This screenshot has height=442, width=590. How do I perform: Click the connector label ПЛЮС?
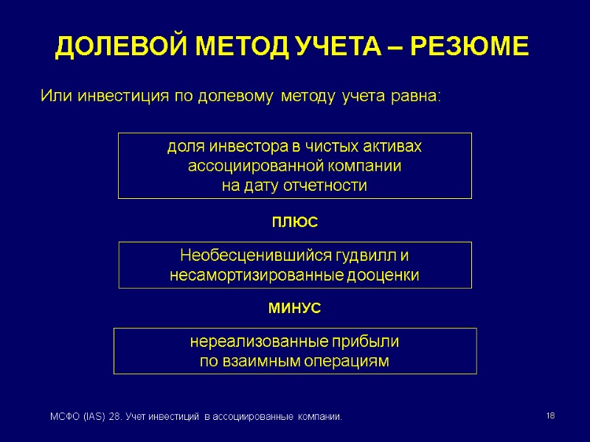[294, 221]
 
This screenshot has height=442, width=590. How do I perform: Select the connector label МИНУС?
[294, 309]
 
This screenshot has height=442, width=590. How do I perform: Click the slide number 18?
[550, 417]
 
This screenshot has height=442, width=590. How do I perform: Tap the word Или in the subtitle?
[57, 96]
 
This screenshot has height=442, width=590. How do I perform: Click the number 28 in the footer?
[115, 418]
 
